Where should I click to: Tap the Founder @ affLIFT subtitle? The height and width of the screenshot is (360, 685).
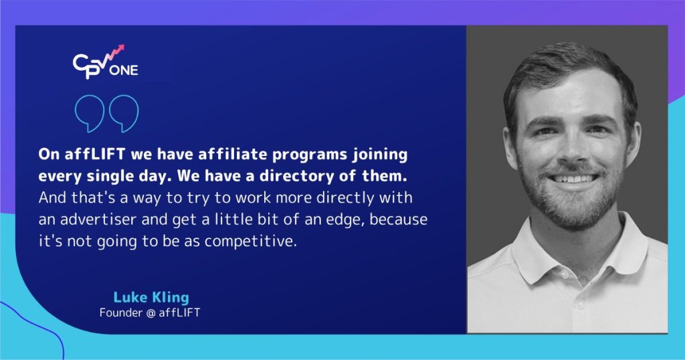click(149, 312)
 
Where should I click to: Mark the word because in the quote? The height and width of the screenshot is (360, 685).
click(391, 219)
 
